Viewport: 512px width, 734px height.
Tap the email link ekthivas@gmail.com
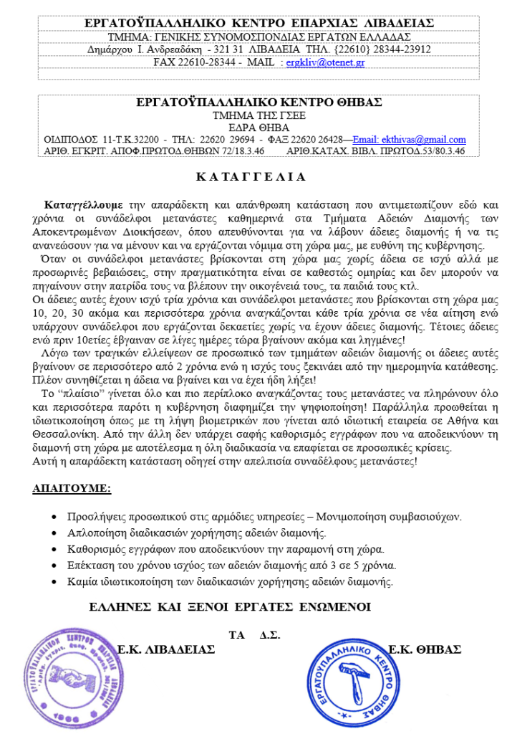point(410,139)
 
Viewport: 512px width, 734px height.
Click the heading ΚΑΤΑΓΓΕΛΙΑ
point(250,176)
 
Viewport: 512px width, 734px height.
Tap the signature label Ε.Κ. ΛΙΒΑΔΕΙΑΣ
point(167,649)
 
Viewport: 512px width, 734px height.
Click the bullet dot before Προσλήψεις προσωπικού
point(55,516)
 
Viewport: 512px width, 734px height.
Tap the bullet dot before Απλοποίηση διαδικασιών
point(55,533)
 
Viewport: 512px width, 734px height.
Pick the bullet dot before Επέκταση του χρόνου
point(55,566)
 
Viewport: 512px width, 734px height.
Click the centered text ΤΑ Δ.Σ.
point(254,635)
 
